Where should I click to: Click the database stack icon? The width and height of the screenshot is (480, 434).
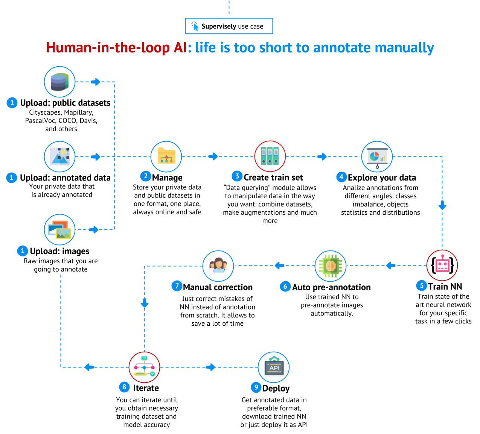tap(59, 82)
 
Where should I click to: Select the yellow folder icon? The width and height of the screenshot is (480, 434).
tap(166, 156)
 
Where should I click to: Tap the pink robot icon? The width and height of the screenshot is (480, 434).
tap(442, 265)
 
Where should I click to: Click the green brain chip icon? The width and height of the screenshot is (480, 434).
tap(330, 266)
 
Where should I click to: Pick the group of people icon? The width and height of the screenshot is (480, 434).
tap(218, 266)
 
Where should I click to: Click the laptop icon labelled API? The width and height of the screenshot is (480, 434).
tap(274, 367)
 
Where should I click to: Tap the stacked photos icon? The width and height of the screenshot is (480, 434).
tap(59, 229)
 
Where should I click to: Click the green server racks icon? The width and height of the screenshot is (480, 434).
tap(270, 156)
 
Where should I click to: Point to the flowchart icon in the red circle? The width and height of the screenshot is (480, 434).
tap(144, 367)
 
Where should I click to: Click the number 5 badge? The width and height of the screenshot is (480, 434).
tap(422, 285)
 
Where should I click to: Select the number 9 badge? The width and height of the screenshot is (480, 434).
tap(256, 387)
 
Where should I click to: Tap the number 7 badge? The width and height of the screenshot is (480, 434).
tap(177, 286)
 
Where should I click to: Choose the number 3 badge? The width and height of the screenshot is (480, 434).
tap(237, 176)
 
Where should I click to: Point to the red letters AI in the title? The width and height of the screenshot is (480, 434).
tap(180, 48)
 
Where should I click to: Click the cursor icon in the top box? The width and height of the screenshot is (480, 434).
tap(195, 26)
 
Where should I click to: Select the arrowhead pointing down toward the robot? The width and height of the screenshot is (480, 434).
tap(442, 206)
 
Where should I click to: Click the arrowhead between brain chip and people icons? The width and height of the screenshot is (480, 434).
tap(279, 266)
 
